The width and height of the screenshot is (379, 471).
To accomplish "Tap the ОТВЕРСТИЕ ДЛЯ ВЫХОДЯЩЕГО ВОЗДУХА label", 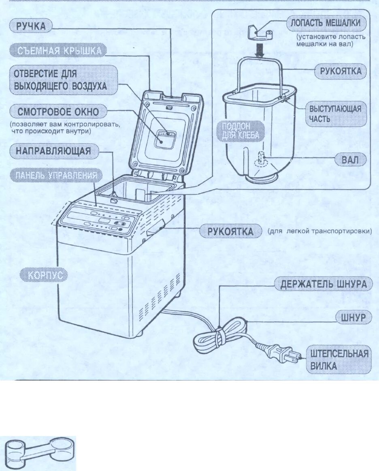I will point(60,80).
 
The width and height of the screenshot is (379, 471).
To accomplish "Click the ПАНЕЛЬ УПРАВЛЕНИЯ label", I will point(56,176).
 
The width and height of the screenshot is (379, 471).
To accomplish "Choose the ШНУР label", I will point(353,317).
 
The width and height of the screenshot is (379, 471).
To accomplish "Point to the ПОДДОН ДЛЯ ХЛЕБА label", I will point(240,131).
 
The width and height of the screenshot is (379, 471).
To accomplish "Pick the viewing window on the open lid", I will point(164,138).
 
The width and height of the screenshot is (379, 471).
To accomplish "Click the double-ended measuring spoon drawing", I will point(40,453).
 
